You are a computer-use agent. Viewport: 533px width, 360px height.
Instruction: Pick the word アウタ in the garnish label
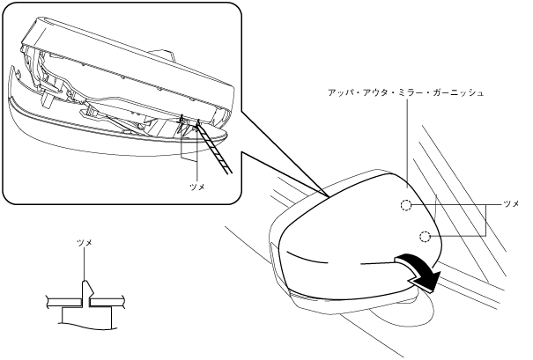tap(380, 91)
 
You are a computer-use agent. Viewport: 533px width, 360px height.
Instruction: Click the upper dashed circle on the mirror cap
tap(404, 206)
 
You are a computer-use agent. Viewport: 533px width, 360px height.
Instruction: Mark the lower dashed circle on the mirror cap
tap(426, 236)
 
